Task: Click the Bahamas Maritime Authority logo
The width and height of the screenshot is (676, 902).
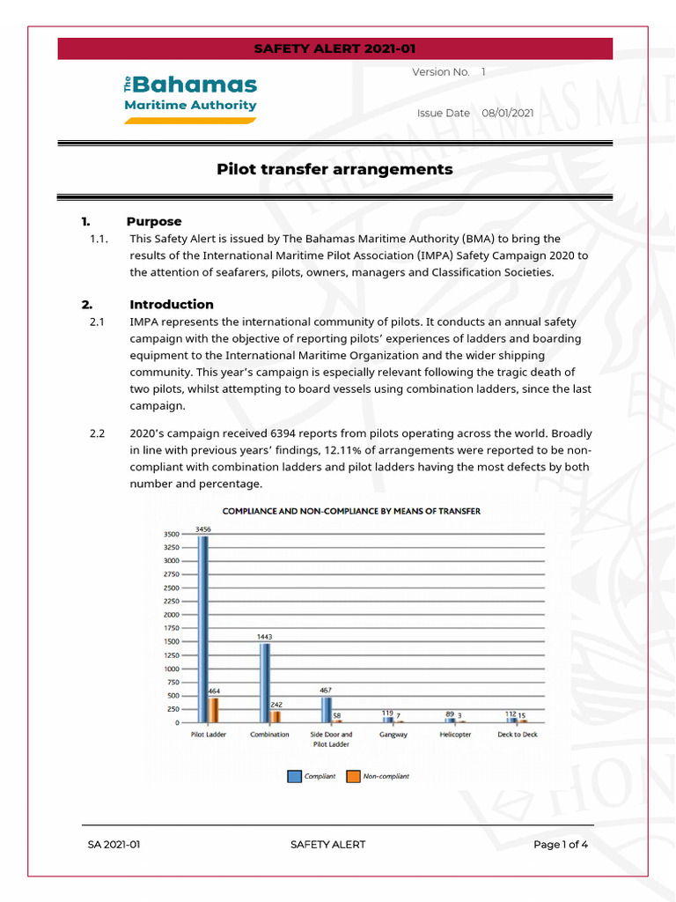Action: click(x=190, y=98)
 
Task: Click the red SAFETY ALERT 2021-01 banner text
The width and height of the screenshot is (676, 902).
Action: click(x=334, y=48)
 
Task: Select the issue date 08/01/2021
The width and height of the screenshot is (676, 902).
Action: click(x=507, y=113)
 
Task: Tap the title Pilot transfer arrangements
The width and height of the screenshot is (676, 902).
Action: click(x=334, y=169)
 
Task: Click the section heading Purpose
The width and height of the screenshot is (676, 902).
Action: click(x=154, y=221)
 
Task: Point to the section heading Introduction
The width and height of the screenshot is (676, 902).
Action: click(x=172, y=305)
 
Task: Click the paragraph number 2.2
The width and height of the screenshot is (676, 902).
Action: click(x=97, y=433)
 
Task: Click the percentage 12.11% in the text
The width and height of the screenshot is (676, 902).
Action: click(x=345, y=450)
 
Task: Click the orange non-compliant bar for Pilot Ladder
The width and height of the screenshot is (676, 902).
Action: click(x=214, y=710)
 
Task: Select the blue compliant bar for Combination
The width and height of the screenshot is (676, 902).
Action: click(x=265, y=683)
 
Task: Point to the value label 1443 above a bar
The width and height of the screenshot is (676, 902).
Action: click(x=265, y=635)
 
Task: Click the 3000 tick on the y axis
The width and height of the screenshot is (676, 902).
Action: click(x=172, y=560)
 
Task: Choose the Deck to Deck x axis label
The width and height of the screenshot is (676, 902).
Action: click(x=517, y=735)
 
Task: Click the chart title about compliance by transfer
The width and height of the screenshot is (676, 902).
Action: click(x=351, y=511)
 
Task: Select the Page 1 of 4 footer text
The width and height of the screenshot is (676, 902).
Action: click(x=561, y=845)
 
